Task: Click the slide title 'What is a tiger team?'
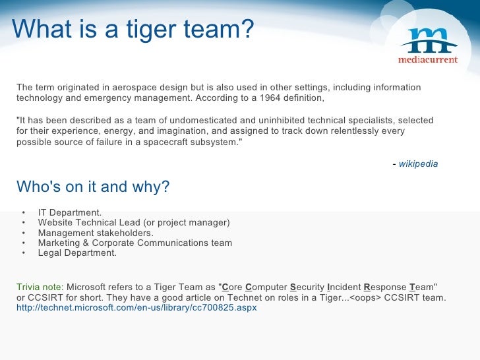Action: pos(133,29)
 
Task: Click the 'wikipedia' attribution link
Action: pos(418,164)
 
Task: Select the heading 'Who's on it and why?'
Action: pos(93,187)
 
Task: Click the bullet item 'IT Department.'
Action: pos(70,212)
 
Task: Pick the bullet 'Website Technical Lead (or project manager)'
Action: pos(134,222)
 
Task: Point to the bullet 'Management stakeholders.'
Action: pos(96,233)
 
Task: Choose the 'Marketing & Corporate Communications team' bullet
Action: pos(135,243)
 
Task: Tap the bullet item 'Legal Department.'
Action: pos(77,253)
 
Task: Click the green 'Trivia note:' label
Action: pos(40,287)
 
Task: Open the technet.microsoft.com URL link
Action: pos(136,308)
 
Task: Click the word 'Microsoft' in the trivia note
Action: pos(88,287)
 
